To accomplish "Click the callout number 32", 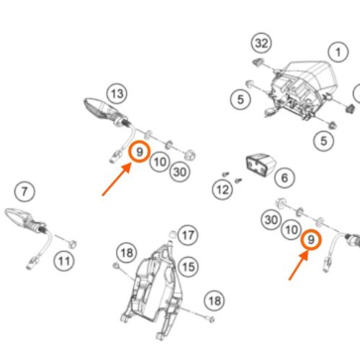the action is coord(261,43).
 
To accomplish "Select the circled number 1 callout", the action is coord(338,52).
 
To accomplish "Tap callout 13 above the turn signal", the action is coord(117,94).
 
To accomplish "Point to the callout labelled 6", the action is coord(284,178).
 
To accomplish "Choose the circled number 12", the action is coord(222,189).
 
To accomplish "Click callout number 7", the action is coord(24,192).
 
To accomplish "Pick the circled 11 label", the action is coord(64,261).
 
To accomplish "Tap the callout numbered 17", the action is coord(188,235).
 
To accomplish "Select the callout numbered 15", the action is coord(189,266).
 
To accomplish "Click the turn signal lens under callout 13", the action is coord(96,108).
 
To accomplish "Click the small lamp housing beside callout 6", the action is coord(261,165).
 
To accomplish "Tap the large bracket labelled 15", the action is coord(153,288).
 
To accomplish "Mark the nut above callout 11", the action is coord(72,244).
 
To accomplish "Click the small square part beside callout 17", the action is coord(172,234).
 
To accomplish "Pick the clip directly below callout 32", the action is coord(258,62).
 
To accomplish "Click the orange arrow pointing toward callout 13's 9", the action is coord(117,179).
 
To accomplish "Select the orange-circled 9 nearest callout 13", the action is coord(140,152).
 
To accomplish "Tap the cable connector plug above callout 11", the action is coord(31,263).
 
